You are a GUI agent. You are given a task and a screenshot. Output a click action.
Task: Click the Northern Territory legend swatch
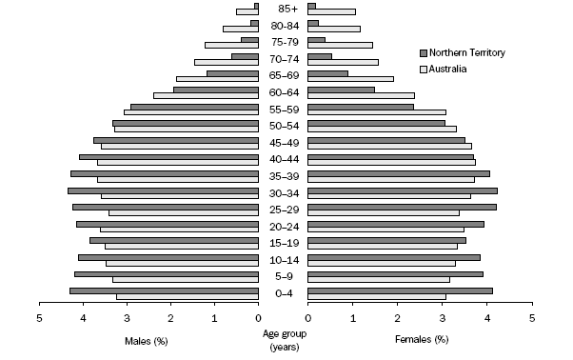click(424, 52)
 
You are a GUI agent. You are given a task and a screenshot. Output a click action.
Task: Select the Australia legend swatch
click(424, 70)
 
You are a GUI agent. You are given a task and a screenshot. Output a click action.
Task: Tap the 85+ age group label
click(283, 9)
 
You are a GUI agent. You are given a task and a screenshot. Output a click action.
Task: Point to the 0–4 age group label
click(283, 293)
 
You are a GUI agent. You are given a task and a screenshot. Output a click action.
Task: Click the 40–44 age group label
click(283, 159)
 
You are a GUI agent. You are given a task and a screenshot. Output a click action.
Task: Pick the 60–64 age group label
click(283, 92)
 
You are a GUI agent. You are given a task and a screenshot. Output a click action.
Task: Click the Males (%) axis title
click(147, 340)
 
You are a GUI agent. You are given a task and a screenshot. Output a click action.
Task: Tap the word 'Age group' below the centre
click(283, 334)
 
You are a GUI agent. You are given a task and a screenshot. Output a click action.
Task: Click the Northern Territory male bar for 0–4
click(164, 290)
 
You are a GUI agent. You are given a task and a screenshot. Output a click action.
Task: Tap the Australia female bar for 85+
click(331, 12)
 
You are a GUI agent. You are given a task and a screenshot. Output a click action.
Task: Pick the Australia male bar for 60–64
click(206, 95)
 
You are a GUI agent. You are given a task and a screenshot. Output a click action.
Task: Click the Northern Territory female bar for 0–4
click(400, 290)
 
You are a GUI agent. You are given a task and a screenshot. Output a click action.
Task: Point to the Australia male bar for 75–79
click(231, 46)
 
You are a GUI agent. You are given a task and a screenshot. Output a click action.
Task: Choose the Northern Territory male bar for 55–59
click(194, 107)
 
